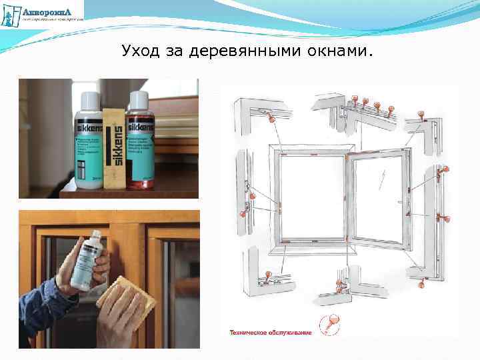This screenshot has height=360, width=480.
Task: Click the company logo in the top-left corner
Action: [43, 13]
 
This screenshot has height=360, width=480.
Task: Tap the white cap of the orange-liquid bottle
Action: [139, 99]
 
